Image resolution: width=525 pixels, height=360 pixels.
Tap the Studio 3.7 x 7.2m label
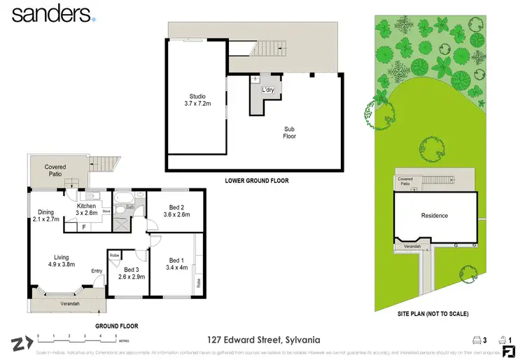(196, 102)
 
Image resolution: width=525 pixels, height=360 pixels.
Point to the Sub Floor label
(289, 132)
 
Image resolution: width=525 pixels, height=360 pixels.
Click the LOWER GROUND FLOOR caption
(256, 181)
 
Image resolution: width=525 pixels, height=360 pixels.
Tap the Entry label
(97, 272)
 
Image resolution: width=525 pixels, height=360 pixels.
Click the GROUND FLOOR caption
(117, 326)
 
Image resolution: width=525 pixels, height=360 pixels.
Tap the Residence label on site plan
(434, 216)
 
